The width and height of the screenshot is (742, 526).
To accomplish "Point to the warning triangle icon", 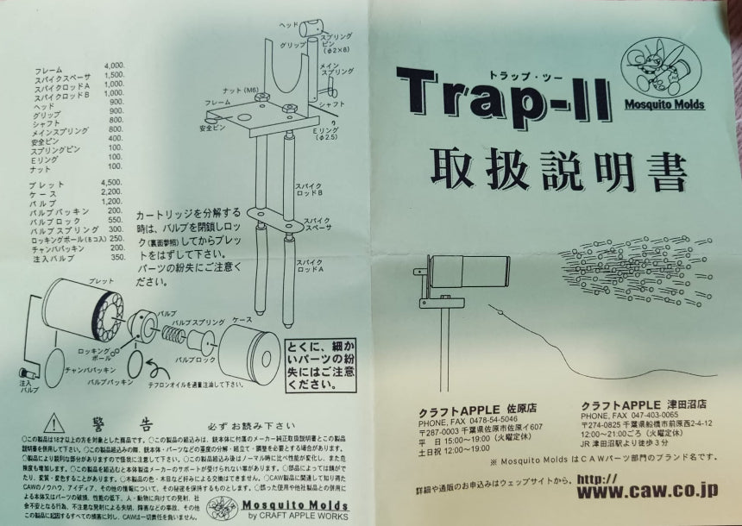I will click(x=54, y=422).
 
